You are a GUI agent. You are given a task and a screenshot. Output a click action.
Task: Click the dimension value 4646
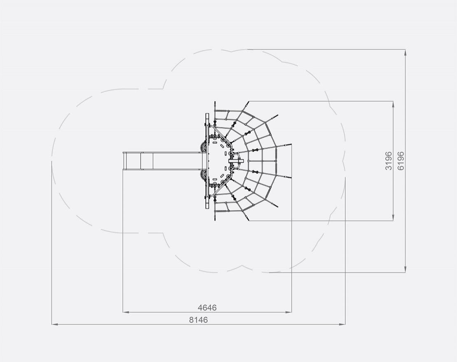[207, 308]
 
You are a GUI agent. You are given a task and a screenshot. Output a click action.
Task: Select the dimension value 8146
[198, 320]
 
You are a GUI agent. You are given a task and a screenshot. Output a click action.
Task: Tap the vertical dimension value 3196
[389, 161]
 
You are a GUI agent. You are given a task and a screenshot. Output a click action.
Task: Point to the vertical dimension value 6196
[401, 161]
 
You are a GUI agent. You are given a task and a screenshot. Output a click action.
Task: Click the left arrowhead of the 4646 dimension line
[126, 312]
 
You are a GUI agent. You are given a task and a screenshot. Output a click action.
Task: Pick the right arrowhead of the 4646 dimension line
[289, 312]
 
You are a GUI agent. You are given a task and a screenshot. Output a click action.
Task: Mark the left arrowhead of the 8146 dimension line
[55, 324]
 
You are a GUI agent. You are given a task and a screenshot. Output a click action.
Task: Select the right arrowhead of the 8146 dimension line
[342, 324]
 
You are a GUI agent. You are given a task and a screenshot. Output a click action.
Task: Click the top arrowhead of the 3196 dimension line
[393, 104]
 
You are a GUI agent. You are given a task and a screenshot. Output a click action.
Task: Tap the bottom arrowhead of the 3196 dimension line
[393, 217]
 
